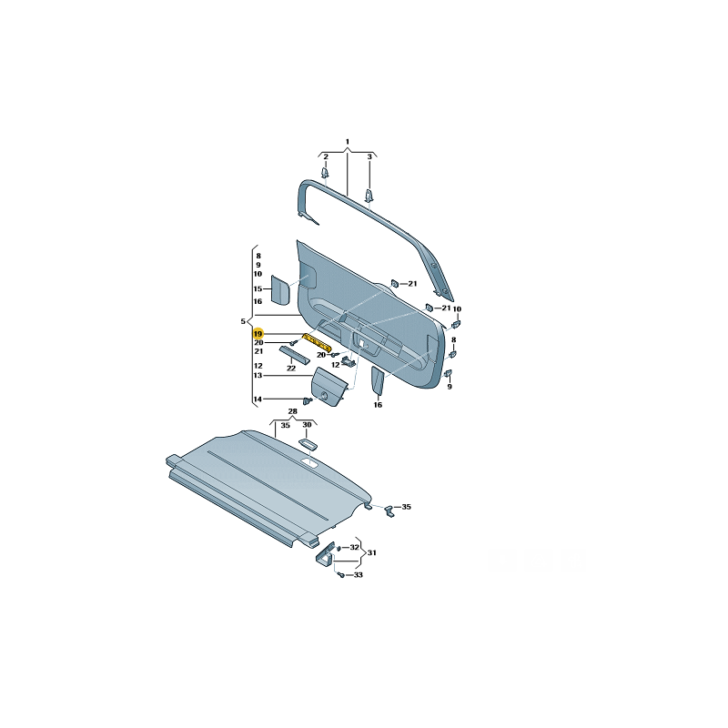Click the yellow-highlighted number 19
coord(258,334)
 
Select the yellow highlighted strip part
coord(317,342)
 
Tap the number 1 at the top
coord(348,142)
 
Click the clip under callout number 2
coord(325,173)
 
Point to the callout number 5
coord(243,321)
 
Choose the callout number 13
coord(258,375)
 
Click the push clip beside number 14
coord(308,400)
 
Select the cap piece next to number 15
coord(280,289)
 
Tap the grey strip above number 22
coord(295,355)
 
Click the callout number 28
coord(292,411)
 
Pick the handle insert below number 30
coord(308,444)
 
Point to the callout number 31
coord(372,552)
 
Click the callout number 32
coord(354,548)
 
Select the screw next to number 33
coord(341,575)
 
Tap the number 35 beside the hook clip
coord(406,507)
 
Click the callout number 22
coord(291,369)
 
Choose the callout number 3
coord(369,157)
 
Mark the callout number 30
coord(307,425)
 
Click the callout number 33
coord(358,575)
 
